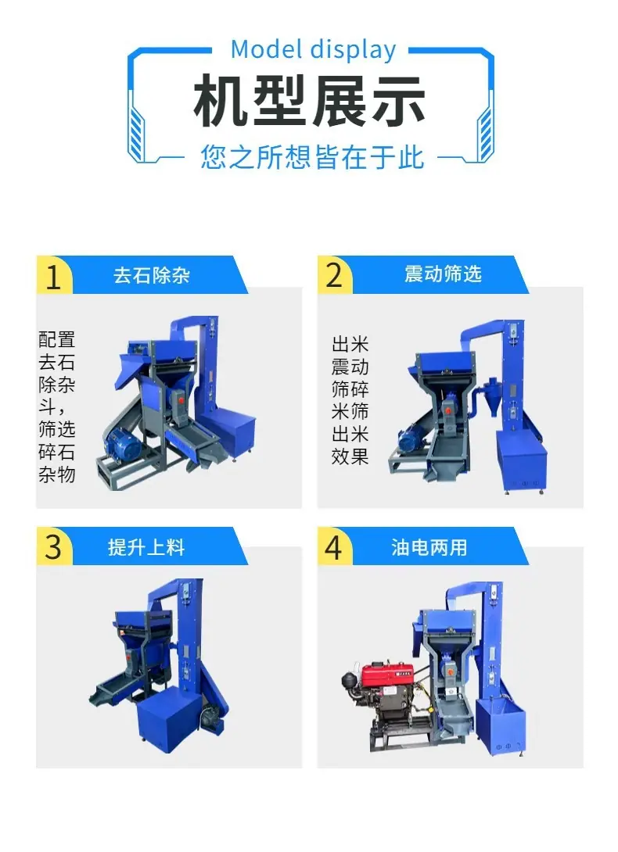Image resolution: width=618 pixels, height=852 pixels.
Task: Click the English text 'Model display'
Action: click(x=314, y=50)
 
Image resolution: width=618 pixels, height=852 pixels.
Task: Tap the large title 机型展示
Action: click(x=310, y=102)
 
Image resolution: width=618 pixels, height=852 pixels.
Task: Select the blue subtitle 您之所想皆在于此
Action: click(x=311, y=157)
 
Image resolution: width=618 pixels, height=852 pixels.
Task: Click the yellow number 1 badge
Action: click(x=54, y=275)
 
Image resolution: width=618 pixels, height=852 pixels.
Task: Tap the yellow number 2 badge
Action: click(x=335, y=275)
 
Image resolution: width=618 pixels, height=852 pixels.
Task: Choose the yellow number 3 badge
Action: click(x=54, y=546)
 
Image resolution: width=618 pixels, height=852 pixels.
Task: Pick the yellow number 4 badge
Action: click(x=335, y=546)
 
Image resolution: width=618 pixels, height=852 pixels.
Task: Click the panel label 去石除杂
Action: click(x=152, y=275)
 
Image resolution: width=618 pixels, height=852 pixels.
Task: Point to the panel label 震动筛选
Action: click(x=443, y=274)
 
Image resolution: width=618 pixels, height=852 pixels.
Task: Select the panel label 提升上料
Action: click(x=146, y=547)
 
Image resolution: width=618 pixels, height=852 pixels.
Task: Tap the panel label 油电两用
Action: click(x=429, y=547)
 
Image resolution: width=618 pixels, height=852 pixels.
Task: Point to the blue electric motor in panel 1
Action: click(x=124, y=442)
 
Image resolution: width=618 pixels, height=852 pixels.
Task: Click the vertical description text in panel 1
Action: click(x=56, y=406)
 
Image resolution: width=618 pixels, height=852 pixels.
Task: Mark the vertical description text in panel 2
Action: click(x=350, y=400)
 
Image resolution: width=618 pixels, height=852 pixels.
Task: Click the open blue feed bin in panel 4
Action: click(x=501, y=726)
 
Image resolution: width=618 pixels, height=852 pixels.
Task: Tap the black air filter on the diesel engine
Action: click(x=349, y=680)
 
